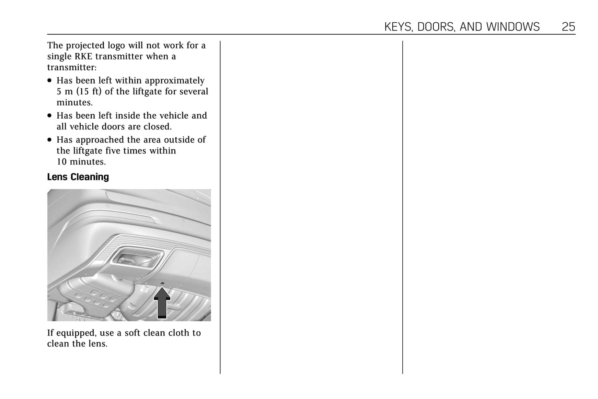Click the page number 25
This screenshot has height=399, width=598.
[568, 27]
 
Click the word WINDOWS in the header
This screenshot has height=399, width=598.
[513, 27]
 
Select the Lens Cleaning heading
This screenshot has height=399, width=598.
[78, 177]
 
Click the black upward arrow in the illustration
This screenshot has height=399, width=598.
[162, 303]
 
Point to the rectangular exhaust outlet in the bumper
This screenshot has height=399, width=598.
[137, 258]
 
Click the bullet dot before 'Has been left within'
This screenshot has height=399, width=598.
[49, 80]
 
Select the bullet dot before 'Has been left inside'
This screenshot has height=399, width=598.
[49, 115]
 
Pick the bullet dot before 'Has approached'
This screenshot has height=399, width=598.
[49, 139]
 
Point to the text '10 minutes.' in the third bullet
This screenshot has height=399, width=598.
[81, 162]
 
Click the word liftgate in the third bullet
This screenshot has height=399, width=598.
[88, 151]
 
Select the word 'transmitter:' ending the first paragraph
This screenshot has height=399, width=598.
[72, 67]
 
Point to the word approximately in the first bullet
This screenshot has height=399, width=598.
[175, 81]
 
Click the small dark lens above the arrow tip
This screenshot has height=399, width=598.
[162, 283]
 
